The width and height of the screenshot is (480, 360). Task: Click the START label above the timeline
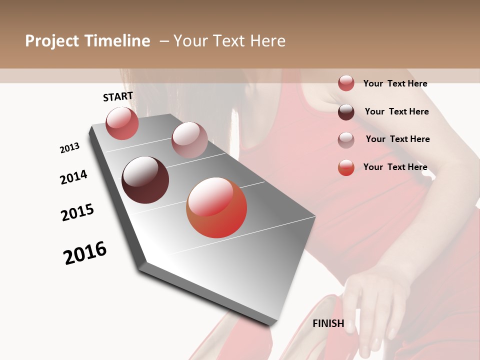[x=118, y=96]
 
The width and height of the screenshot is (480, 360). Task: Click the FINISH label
[x=328, y=323]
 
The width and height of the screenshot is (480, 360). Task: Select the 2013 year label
[x=69, y=148]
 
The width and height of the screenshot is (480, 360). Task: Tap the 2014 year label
[x=73, y=177]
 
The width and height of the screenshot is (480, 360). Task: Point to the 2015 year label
[x=77, y=212]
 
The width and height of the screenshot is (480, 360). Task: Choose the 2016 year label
[x=85, y=253]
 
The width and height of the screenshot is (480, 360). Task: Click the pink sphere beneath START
[x=122, y=123]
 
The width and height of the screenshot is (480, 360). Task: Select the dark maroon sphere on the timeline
[x=145, y=180]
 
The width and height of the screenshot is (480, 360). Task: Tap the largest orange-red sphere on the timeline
[x=216, y=207]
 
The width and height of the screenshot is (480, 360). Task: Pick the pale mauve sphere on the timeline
[x=189, y=140]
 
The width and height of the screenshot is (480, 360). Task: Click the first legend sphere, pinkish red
[x=346, y=83]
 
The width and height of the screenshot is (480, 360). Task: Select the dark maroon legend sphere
[x=346, y=112]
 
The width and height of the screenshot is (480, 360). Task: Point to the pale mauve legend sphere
[x=346, y=139]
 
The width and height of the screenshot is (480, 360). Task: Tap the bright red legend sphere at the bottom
[x=346, y=167]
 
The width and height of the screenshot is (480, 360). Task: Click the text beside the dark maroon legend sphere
[x=396, y=111]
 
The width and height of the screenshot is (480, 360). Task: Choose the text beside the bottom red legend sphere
[x=395, y=167]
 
